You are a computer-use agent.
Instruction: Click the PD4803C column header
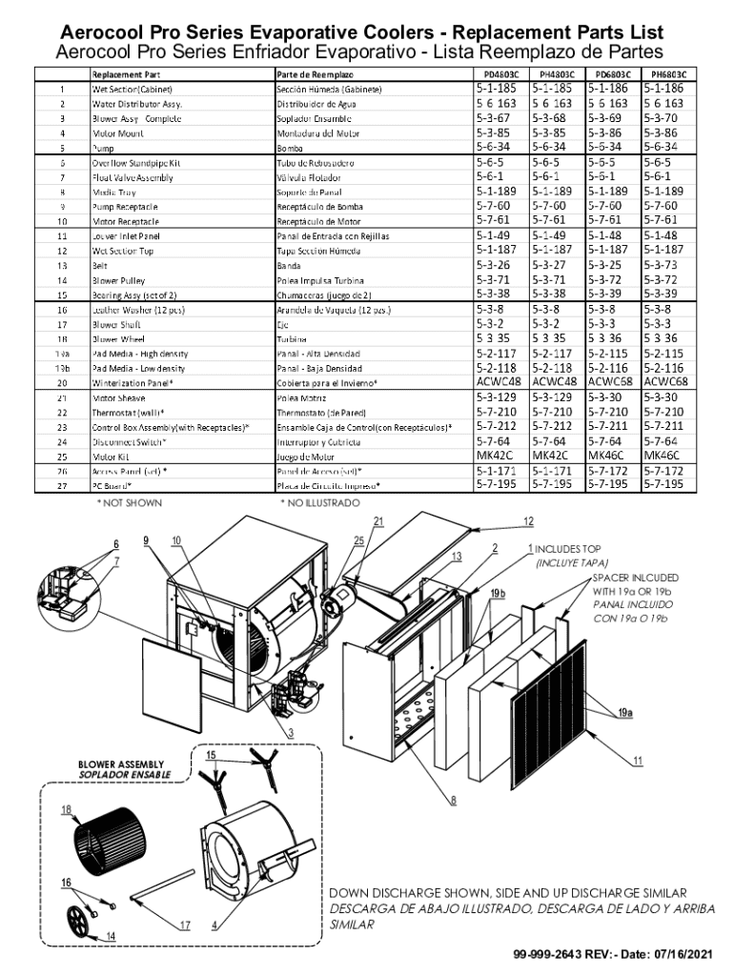(500, 73)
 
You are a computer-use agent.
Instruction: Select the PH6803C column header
(668, 73)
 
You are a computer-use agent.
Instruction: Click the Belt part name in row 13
(99, 266)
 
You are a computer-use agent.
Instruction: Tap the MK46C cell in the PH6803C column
(663, 456)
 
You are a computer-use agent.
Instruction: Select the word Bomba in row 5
(289, 148)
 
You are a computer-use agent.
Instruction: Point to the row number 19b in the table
(62, 368)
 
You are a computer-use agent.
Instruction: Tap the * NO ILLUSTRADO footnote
(320, 502)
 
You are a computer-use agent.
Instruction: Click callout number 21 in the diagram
(378, 521)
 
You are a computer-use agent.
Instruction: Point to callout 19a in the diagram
(625, 712)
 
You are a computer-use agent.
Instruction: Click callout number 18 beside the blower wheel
(67, 810)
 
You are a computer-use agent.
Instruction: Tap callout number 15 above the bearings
(211, 755)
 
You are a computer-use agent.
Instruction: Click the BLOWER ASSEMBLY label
(121, 764)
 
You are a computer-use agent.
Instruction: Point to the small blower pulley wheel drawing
(79, 922)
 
